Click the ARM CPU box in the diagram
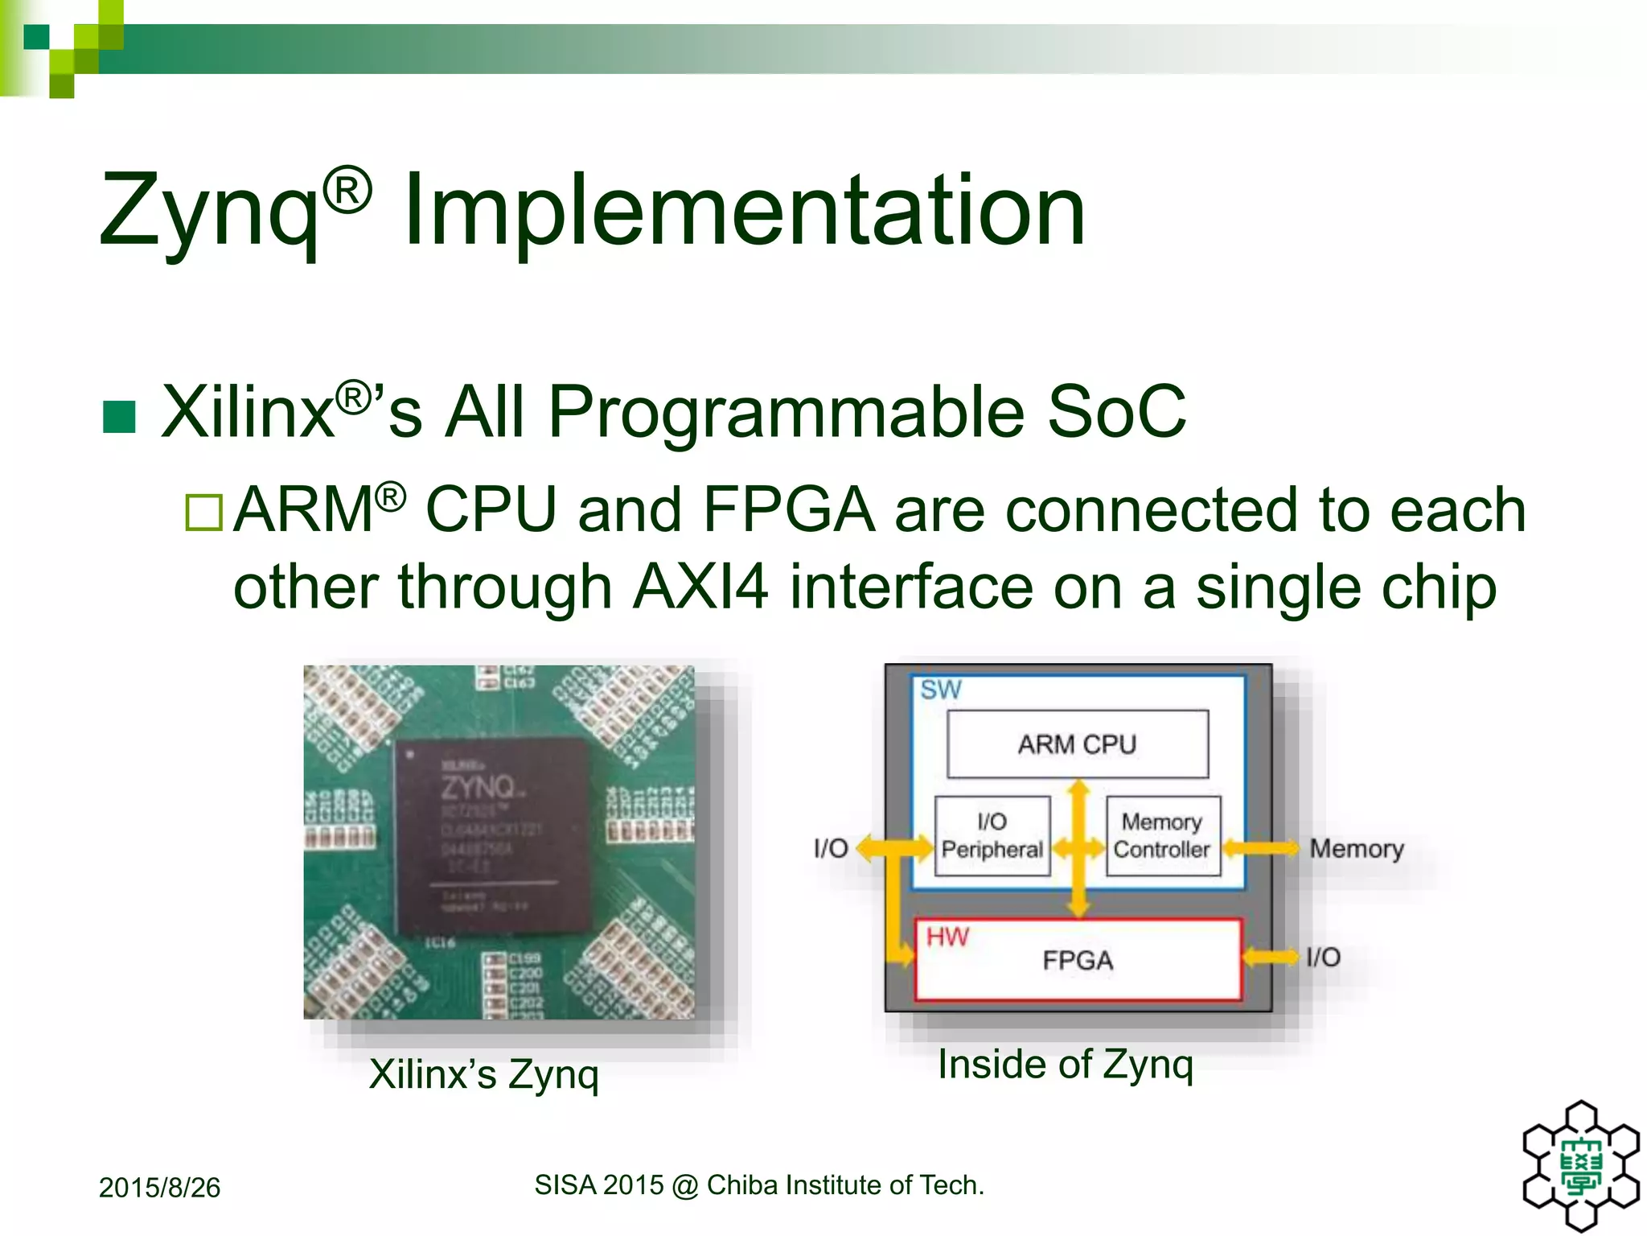coord(1077,744)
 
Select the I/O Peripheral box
coord(992,836)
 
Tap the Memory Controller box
coord(1162,836)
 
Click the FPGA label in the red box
coord(1078,960)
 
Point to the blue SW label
coord(940,690)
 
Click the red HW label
coord(947,937)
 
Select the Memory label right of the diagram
coord(1356,848)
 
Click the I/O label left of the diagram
coord(831,848)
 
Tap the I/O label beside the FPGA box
coord(1323,957)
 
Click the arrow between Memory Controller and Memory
coord(1260,848)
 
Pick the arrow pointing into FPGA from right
coord(1271,957)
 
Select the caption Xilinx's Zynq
coord(484,1073)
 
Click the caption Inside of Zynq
coord(1066,1064)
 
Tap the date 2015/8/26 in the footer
coord(159,1188)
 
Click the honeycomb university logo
coord(1581,1164)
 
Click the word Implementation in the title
coord(744,211)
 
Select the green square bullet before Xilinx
coord(120,416)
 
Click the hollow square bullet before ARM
coord(204,513)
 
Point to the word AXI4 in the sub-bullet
coord(700,587)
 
